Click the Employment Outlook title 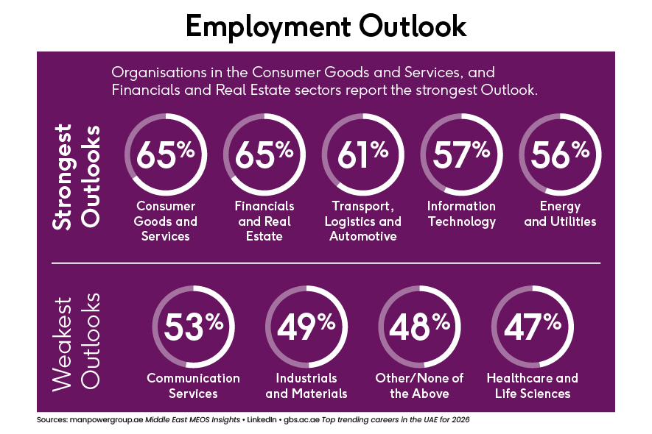click(x=326, y=26)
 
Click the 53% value click(x=193, y=326)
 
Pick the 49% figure click(x=306, y=326)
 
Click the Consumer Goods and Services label click(x=166, y=221)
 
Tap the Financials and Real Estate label click(x=264, y=221)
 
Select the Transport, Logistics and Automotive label click(x=362, y=221)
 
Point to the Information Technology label click(x=461, y=213)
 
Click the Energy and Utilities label click(x=560, y=213)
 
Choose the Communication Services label click(x=193, y=385)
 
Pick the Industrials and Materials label click(x=306, y=385)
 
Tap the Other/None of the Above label click(x=419, y=385)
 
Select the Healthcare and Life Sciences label click(x=532, y=385)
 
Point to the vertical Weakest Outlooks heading click(x=77, y=342)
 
